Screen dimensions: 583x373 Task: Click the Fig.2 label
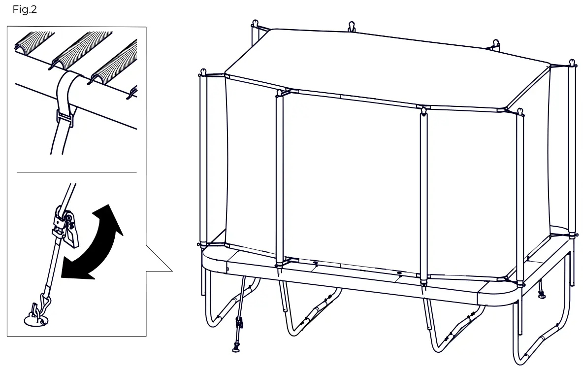coord(25,9)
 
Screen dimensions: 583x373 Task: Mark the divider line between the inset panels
coord(77,172)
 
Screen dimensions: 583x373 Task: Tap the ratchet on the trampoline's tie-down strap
coord(239,322)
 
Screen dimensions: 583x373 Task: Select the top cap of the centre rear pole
coord(352,27)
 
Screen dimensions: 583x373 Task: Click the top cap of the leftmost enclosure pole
coord(203,71)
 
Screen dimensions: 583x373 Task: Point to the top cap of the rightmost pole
coord(572,63)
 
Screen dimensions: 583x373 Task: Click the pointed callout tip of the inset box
coord(172,271)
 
